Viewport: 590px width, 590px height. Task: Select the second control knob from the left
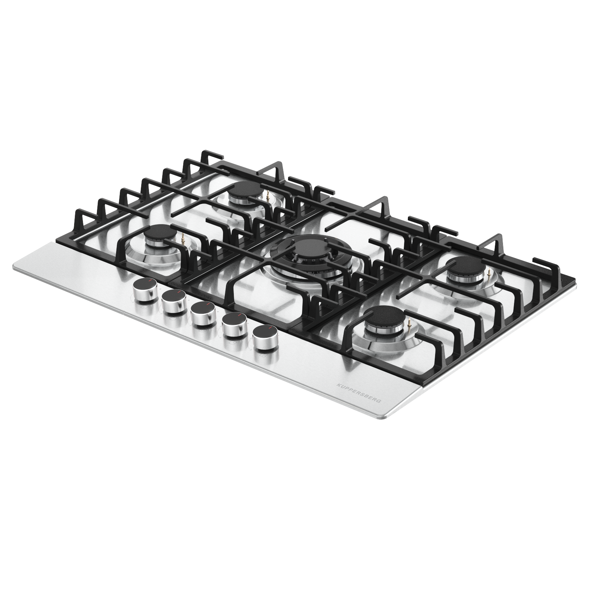coord(173,301)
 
